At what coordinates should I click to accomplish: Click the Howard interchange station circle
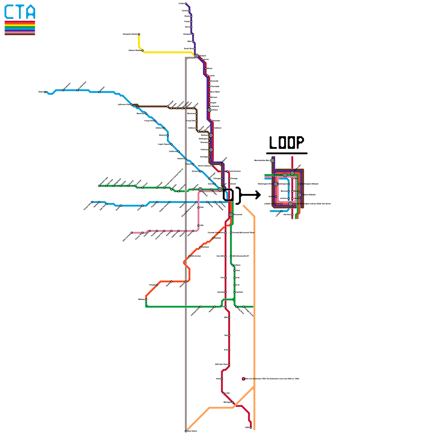tap(196, 56)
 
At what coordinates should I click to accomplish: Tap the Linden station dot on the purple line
tap(186, 4)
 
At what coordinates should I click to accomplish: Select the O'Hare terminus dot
tap(45, 92)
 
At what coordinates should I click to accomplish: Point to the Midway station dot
tap(146, 299)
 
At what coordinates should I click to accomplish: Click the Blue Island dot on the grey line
tap(186, 431)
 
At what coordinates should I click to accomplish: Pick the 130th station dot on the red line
tap(251, 428)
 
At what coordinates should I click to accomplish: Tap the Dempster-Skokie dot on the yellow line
tap(139, 34)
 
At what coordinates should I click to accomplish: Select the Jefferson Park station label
tap(124, 104)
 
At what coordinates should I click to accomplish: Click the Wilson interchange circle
tap(209, 110)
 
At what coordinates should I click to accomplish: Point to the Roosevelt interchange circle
tap(231, 215)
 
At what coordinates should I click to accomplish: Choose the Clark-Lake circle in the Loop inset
tap(285, 175)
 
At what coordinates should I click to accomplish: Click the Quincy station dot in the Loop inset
tap(276, 197)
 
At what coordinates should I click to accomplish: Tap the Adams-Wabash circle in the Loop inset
tap(299, 195)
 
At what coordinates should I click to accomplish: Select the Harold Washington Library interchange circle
tap(290, 204)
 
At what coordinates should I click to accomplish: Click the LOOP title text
tap(287, 142)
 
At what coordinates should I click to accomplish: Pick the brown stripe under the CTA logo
tap(20, 34)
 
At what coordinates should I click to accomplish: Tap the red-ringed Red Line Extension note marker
tap(244, 379)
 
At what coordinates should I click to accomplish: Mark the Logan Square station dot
tap(171, 144)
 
